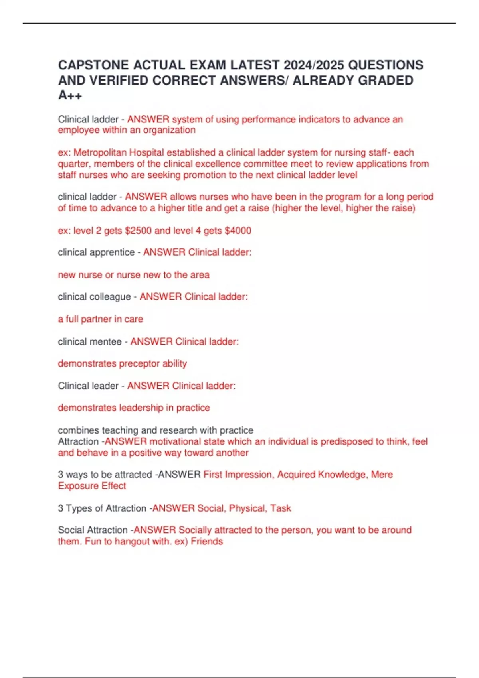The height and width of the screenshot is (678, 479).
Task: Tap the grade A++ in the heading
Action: coord(70,95)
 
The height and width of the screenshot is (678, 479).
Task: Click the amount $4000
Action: coord(238,231)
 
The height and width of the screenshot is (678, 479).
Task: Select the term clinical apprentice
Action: coord(96,252)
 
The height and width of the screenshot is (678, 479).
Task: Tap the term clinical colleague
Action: coord(94,297)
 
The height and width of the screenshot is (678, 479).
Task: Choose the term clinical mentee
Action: coord(90,342)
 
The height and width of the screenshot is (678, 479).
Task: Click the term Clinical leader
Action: coord(88,386)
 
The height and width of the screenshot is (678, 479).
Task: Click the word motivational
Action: coord(175,441)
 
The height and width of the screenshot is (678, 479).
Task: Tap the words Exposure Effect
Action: coord(92,486)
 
